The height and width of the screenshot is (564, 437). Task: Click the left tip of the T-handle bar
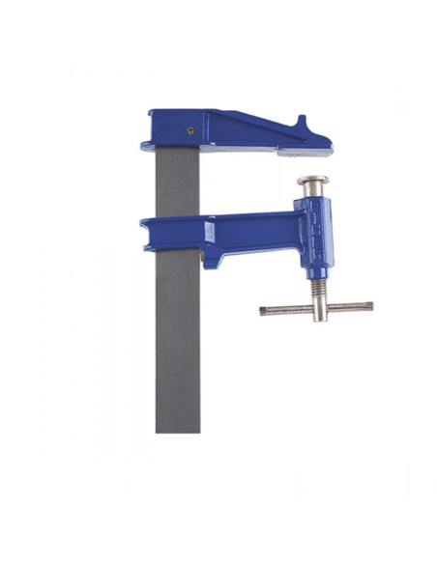264,310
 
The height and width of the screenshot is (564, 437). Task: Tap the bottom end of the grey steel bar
178,428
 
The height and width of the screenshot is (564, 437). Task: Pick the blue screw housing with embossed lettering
317,237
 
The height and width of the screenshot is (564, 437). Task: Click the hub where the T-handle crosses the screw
317,308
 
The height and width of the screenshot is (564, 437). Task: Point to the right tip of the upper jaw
328,146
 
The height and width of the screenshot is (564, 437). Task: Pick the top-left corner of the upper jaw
152,113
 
